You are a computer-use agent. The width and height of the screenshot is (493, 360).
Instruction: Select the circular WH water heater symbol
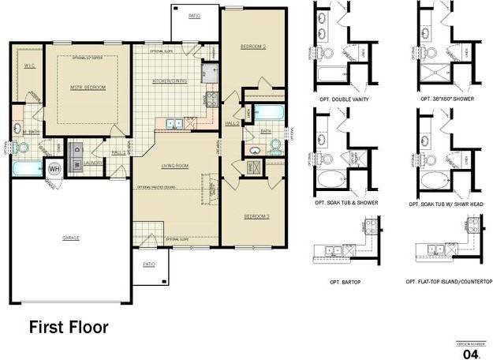54,168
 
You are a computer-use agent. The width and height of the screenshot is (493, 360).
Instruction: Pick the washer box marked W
77,164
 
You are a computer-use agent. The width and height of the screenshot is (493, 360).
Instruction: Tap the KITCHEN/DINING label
169,81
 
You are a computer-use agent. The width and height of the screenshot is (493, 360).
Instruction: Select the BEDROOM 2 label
252,47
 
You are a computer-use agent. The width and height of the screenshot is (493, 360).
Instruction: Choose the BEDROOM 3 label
256,216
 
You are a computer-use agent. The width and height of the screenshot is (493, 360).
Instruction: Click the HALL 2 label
232,124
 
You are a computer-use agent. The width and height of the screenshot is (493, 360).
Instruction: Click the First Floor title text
69,327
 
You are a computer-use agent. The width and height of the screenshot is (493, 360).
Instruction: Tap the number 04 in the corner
472,354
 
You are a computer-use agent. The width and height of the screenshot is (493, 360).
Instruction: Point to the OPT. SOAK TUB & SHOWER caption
345,203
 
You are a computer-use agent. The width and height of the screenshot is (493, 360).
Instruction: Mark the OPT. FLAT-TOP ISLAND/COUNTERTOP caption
448,282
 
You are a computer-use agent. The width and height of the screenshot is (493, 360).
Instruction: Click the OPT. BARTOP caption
345,282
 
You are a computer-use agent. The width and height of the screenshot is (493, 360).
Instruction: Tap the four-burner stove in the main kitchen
211,99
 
